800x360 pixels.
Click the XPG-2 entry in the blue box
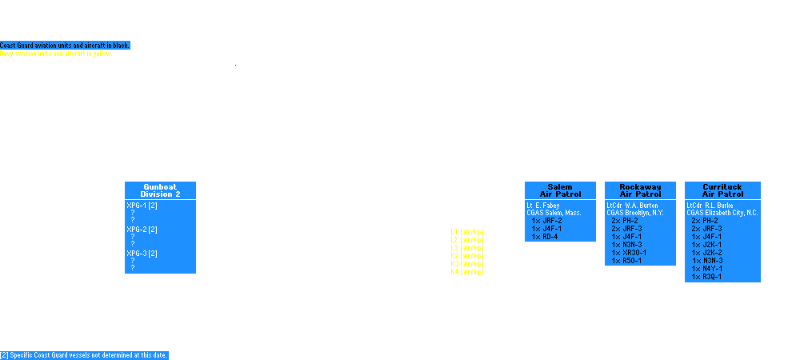click(x=144, y=230)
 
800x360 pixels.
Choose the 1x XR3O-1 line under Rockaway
click(x=630, y=252)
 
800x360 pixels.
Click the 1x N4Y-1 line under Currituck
click(x=707, y=268)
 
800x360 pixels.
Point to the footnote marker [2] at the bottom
click(x=5, y=355)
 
